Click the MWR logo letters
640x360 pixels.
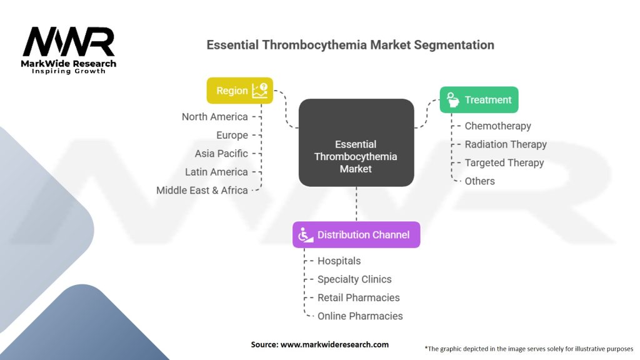pyautogui.click(x=69, y=42)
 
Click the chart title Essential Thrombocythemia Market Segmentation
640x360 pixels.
pyautogui.click(x=350, y=45)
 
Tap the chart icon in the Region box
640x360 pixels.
pyautogui.click(x=259, y=91)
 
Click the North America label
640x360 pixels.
pyautogui.click(x=214, y=117)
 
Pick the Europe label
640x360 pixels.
pyautogui.click(x=232, y=135)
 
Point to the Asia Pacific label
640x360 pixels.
pyautogui.click(x=221, y=153)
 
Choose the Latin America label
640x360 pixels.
pyautogui.click(x=216, y=172)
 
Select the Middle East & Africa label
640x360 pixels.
pyautogui.click(x=202, y=190)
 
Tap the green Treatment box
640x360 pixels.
pyautogui.click(x=479, y=100)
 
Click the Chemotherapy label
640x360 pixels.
pyautogui.click(x=497, y=126)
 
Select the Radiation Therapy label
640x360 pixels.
pyautogui.click(x=505, y=144)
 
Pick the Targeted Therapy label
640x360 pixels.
pyautogui.click(x=504, y=162)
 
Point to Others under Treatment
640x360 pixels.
pyautogui.click(x=479, y=181)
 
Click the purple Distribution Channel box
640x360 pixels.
pyautogui.click(x=356, y=235)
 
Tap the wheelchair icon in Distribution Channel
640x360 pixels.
pyautogui.click(x=306, y=235)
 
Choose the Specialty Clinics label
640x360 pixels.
pyautogui.click(x=354, y=279)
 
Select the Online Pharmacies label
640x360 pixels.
pyautogui.click(x=360, y=316)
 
